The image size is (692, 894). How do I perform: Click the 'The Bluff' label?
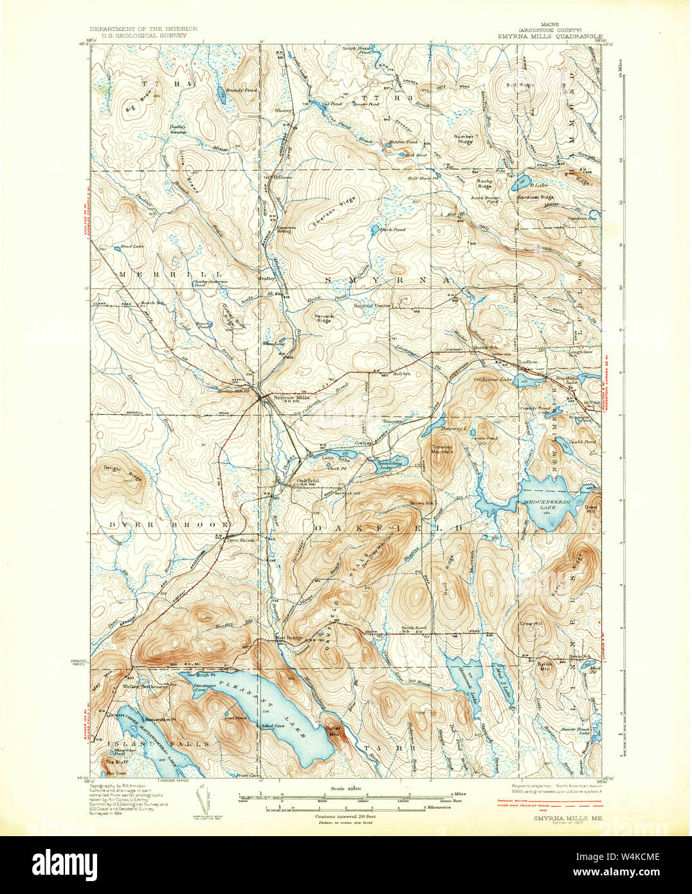tap(115, 763)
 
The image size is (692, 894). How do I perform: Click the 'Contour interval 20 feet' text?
tap(345, 816)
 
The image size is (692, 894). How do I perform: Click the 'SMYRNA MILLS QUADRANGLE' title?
tap(549, 37)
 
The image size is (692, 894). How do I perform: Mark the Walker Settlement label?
tap(145, 686)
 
